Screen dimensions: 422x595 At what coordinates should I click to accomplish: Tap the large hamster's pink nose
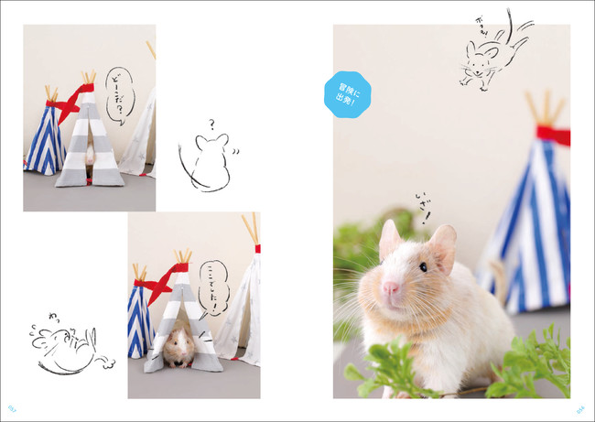(392, 290)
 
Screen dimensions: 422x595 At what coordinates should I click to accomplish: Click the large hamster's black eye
(422, 266)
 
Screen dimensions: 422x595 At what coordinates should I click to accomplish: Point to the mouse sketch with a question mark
(207, 161)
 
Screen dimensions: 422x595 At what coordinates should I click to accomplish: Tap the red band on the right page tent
(553, 135)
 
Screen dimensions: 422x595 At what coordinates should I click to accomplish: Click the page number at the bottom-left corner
(13, 409)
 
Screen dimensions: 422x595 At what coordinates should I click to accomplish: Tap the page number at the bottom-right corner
(581, 409)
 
